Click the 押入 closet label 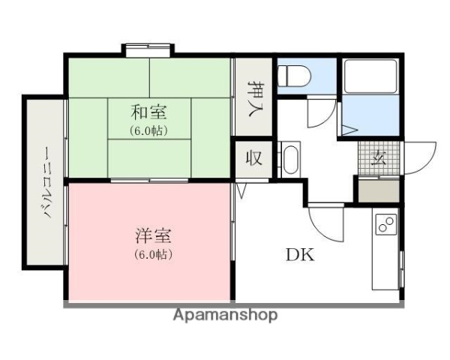tap(255, 97)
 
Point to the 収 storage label tap(255, 159)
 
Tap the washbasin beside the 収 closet tap(291, 159)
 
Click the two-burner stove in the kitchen tap(386, 223)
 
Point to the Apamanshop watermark tap(225, 315)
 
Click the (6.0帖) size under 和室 tap(149, 130)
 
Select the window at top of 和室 tap(148, 50)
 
